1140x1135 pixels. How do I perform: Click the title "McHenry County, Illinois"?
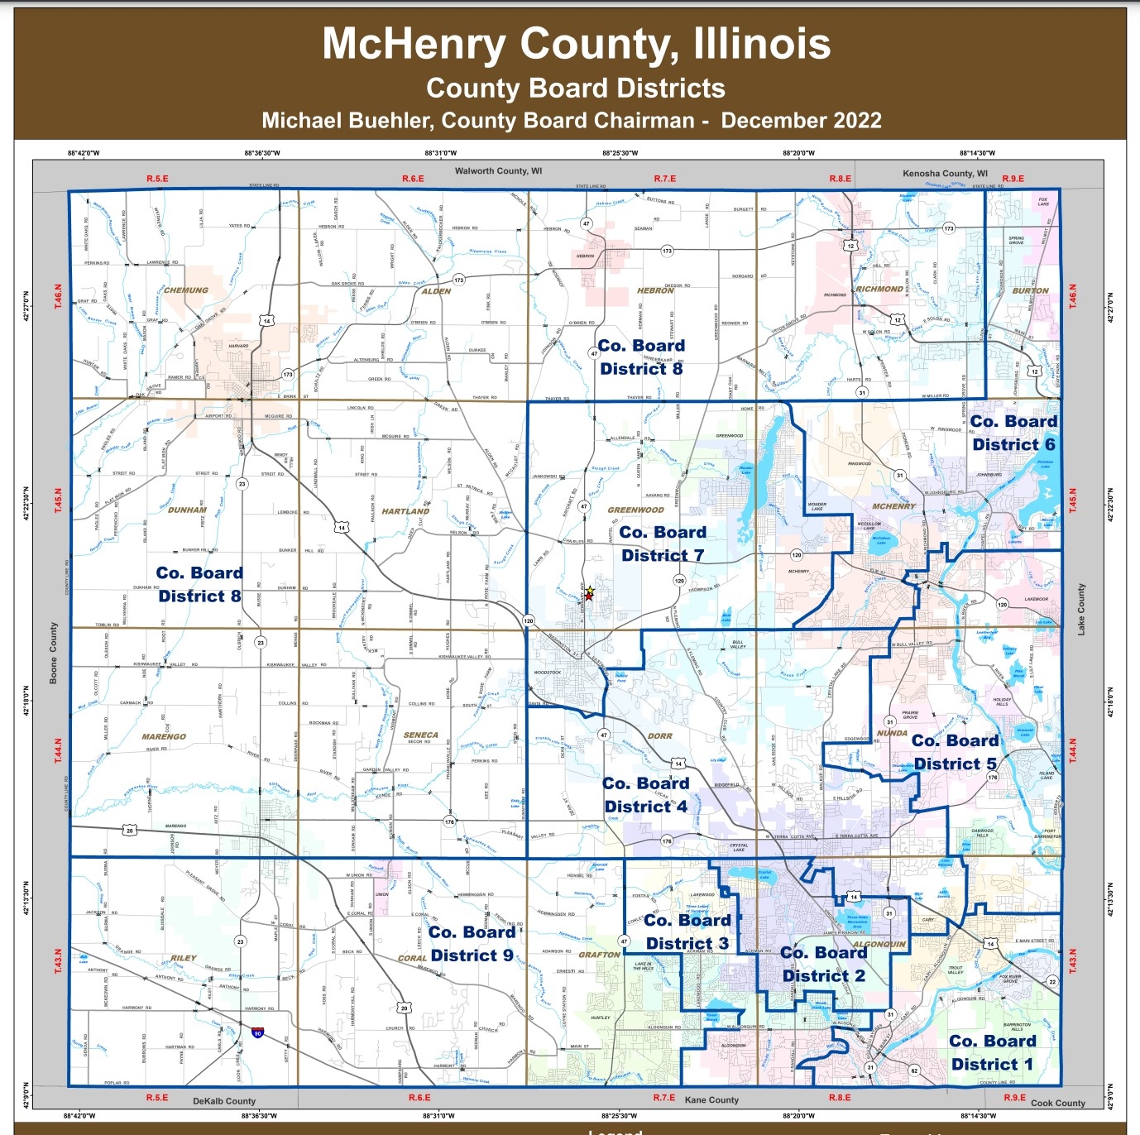tap(576, 44)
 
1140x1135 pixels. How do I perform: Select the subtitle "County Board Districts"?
tap(576, 89)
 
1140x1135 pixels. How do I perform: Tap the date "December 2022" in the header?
tap(801, 121)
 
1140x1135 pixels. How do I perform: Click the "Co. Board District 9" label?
tap(472, 944)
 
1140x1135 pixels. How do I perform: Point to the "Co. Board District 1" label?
tap(992, 1052)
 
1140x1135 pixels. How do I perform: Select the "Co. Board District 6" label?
tap(1013, 433)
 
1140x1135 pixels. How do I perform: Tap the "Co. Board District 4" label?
tap(645, 794)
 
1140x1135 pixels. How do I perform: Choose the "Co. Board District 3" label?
tap(687, 931)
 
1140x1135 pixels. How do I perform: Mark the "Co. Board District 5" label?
tap(955, 752)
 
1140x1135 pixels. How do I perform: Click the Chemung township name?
tap(186, 290)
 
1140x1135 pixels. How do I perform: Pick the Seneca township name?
tap(420, 735)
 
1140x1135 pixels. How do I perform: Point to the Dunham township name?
tap(187, 510)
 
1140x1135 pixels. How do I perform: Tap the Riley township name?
tap(184, 958)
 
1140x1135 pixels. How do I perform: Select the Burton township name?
tap(1030, 291)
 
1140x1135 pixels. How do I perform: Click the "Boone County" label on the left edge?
tap(55, 653)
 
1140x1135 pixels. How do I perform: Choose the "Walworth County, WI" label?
tap(498, 171)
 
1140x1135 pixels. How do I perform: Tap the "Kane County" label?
tap(711, 1100)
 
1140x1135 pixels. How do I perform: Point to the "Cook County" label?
tap(1057, 1103)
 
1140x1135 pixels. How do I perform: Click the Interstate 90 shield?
tap(258, 1032)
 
